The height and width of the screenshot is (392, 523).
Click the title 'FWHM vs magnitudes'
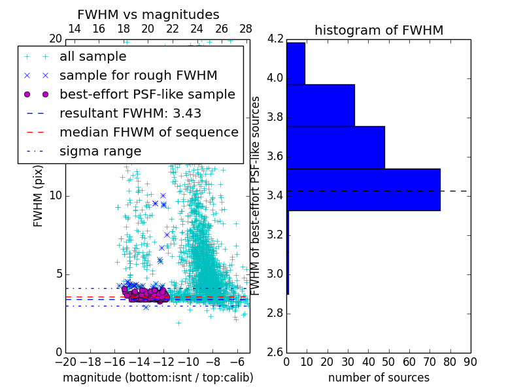click(x=148, y=14)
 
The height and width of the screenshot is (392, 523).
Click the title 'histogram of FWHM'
click(x=379, y=30)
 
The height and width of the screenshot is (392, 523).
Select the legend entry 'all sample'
click(x=93, y=57)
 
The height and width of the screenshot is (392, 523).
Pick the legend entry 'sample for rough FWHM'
click(x=138, y=76)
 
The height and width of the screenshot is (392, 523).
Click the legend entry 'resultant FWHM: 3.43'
click(x=130, y=114)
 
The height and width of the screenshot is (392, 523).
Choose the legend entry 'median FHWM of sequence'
click(x=148, y=133)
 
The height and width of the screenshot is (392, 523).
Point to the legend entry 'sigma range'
click(x=100, y=152)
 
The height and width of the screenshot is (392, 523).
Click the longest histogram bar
click(x=363, y=189)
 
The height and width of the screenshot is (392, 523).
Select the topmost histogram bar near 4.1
click(x=295, y=63)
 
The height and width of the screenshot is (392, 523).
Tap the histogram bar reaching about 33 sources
click(x=320, y=105)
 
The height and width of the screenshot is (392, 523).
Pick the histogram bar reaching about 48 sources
click(x=335, y=148)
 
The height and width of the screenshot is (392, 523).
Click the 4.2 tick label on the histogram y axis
click(x=275, y=39)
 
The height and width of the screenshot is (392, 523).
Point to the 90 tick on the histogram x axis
click(x=470, y=361)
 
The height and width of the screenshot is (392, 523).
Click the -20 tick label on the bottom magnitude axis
click(x=65, y=361)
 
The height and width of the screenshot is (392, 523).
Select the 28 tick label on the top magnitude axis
click(x=246, y=29)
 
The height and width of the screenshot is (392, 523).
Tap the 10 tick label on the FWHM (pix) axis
click(x=56, y=196)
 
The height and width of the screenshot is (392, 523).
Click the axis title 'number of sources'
click(x=379, y=378)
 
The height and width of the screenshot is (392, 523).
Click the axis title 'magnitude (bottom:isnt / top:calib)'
click(x=158, y=378)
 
